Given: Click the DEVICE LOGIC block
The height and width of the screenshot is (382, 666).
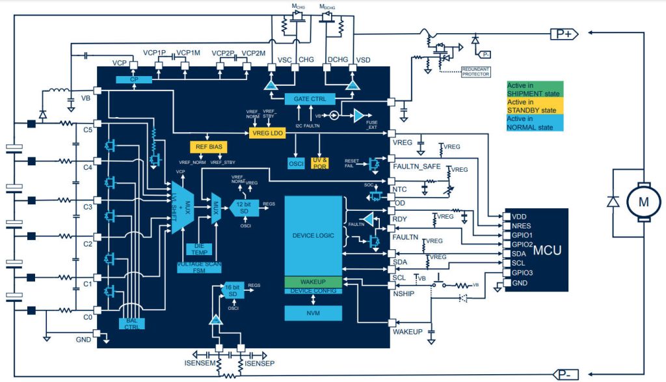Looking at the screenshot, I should coord(313,235).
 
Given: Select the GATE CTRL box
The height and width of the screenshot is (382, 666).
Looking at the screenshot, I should coord(310,99).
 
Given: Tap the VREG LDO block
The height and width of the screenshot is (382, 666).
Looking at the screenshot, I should coord(268,133).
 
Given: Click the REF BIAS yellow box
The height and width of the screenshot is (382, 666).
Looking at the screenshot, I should coord(207,148).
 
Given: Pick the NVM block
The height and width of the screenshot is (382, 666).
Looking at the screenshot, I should coord(313,313).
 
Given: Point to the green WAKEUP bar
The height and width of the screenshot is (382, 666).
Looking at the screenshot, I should coord(313,282).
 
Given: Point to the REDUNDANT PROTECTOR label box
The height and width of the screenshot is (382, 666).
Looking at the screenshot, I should coord(475,72).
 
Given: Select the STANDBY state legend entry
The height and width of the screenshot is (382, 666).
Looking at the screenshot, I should coord(535,106).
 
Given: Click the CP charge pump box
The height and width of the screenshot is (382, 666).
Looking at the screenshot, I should coord(134,79).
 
